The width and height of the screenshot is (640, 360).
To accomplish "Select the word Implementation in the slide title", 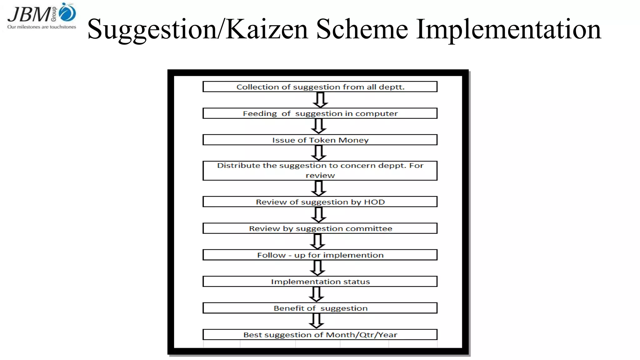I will [508, 29].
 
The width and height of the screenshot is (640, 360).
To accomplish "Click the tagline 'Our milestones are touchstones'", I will [42, 27].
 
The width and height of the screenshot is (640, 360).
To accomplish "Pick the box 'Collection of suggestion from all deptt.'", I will [320, 87].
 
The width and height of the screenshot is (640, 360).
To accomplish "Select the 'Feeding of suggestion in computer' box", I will [320, 113].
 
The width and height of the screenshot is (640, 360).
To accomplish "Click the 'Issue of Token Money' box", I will [320, 140].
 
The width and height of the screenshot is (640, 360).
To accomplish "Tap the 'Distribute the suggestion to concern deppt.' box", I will [320, 171].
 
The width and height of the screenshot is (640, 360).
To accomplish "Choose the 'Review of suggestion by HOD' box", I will [320, 202].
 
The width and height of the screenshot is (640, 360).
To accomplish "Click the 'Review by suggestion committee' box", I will [320, 228].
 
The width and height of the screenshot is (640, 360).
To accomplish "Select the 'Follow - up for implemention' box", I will [320, 255].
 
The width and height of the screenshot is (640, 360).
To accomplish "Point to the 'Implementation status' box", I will [320, 282].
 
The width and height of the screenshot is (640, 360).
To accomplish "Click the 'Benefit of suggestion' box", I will [320, 308].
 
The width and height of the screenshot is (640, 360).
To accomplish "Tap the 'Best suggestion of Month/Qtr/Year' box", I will [320, 335].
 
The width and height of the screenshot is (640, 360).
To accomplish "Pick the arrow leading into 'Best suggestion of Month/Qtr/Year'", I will [317, 321].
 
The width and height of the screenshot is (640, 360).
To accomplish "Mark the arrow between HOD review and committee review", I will [319, 215].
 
